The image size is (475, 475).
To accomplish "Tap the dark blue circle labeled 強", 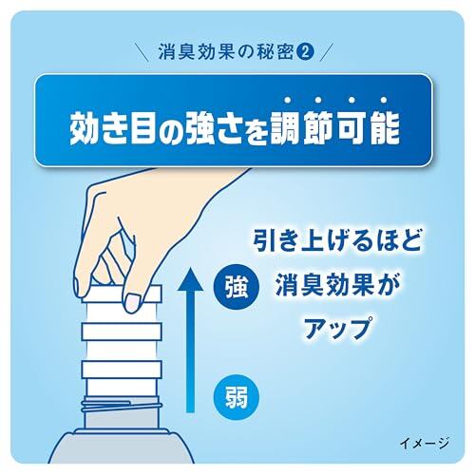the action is (237, 289).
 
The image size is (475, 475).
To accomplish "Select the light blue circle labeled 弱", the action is (237, 397).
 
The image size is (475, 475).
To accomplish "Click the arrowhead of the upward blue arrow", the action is (190, 278).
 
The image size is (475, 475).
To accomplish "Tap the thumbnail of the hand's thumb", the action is (132, 302).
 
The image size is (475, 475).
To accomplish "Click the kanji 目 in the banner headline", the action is (145, 129).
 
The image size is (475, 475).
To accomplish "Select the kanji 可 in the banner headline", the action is (350, 129).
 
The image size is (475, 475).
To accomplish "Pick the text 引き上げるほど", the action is (337, 242).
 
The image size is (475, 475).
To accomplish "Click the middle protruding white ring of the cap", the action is (123, 331).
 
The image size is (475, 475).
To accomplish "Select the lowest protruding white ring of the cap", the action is (123, 370).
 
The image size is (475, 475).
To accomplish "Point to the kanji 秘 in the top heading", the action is (265, 53).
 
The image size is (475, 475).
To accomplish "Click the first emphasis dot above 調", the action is (288, 100).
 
